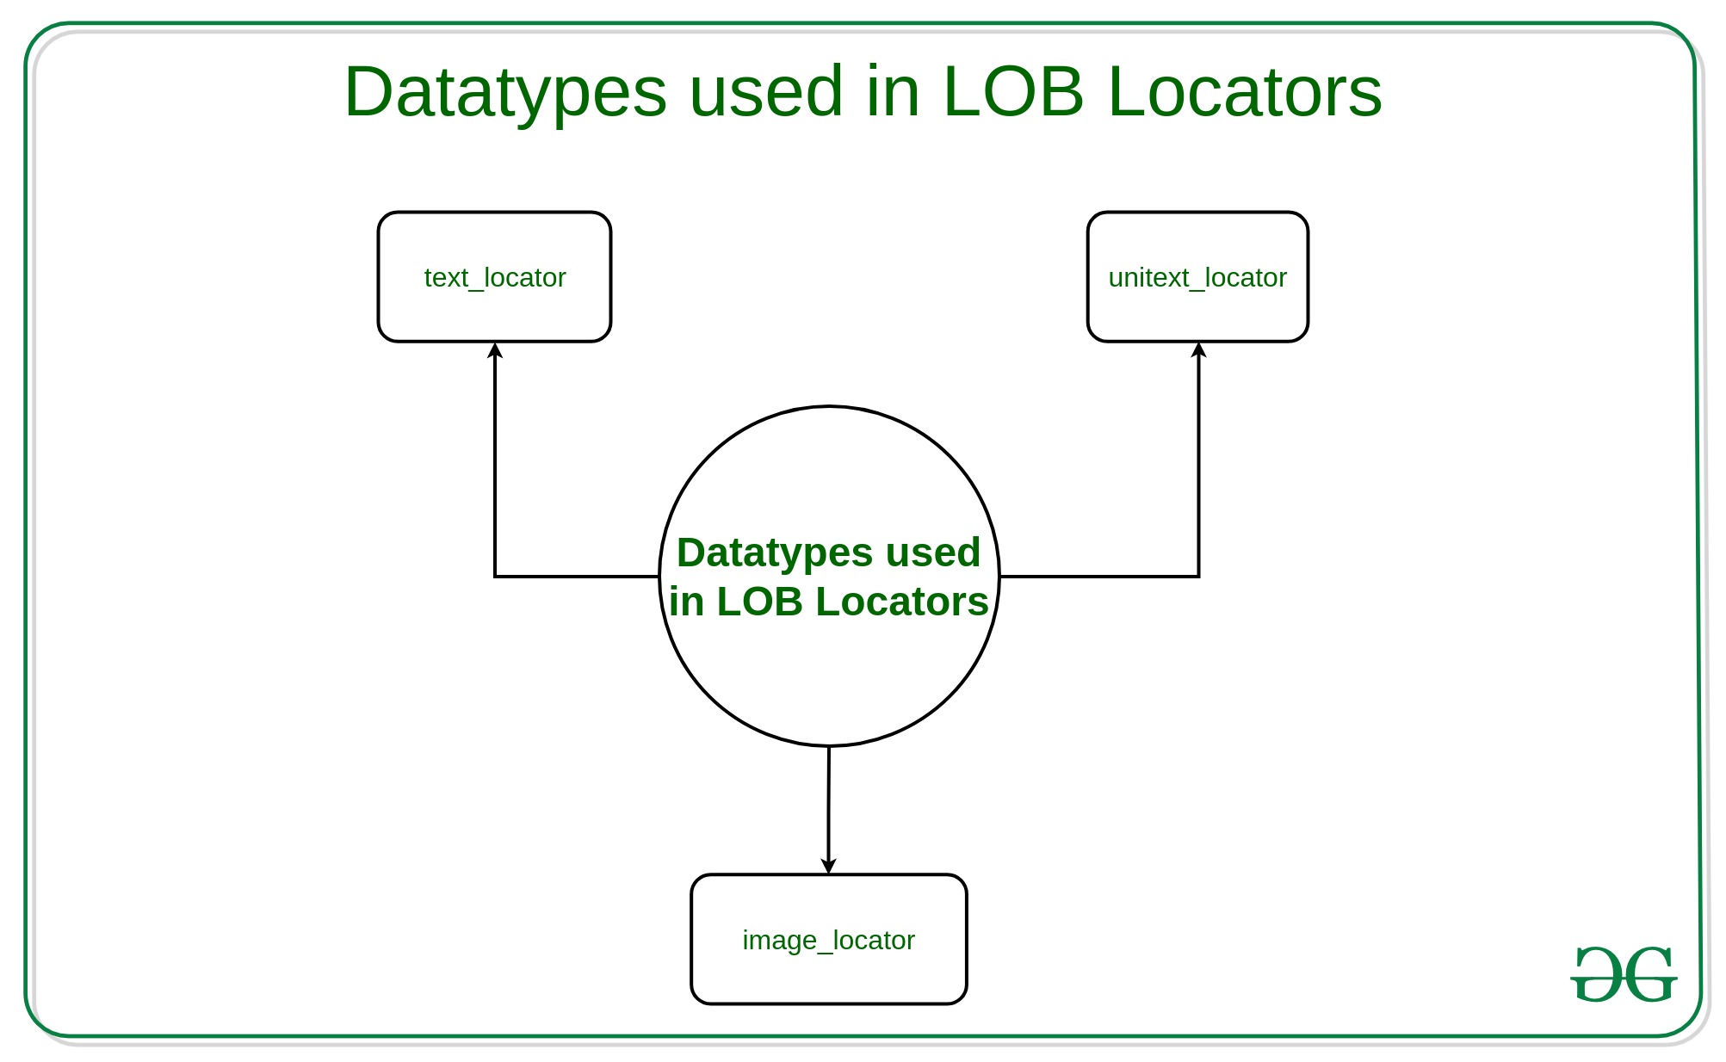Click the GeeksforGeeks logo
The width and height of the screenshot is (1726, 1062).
click(1624, 975)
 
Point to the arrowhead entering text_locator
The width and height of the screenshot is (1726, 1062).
click(495, 350)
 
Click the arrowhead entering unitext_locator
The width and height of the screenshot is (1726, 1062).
click(1198, 350)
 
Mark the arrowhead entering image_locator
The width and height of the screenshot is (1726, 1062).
click(828, 865)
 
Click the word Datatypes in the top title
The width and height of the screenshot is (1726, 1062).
click(505, 92)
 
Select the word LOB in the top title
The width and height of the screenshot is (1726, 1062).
click(1012, 92)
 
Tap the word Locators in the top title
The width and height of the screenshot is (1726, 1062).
click(1245, 92)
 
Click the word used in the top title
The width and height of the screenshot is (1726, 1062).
click(766, 92)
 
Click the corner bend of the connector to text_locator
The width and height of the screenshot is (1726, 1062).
click(495, 576)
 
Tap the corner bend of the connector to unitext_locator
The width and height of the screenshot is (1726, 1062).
click(1198, 576)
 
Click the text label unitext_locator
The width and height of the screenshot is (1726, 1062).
click(1197, 278)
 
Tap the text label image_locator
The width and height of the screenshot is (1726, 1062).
click(828, 941)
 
